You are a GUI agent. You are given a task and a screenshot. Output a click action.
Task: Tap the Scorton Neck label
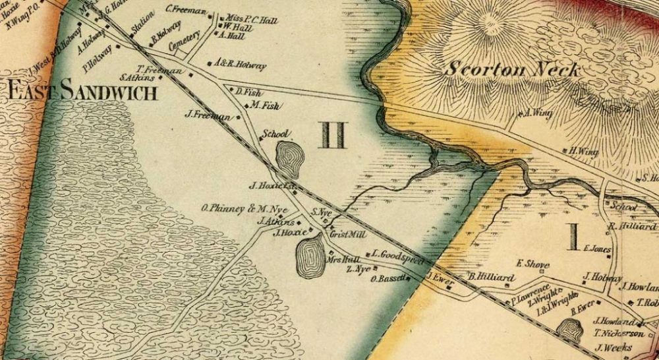click(513, 69)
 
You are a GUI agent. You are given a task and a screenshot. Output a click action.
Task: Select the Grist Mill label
click(343, 235)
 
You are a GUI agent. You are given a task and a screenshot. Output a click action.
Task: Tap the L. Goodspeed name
click(397, 254)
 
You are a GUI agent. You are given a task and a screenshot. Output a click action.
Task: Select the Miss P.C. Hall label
click(252, 20)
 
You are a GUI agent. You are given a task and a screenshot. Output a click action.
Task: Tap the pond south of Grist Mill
click(310, 256)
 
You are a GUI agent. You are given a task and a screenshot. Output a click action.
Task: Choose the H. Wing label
click(584, 152)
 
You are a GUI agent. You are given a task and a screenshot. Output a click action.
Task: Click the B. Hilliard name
click(490, 278)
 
